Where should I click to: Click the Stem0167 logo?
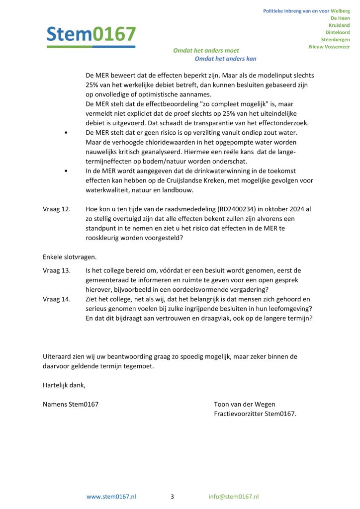[91, 35]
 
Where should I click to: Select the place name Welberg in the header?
[340, 11]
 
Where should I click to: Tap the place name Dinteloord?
[337, 32]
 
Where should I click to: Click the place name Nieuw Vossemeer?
[329, 47]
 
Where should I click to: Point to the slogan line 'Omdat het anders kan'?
[225, 59]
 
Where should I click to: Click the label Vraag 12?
[57, 209]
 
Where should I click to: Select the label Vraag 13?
[57, 270]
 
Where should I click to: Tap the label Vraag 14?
[57, 299]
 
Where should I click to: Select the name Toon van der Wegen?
[244, 404]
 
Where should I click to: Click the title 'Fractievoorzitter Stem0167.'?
[255, 414]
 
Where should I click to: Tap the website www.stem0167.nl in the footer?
[111, 497]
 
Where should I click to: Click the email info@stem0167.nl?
[234, 497]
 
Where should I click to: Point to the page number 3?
[172, 497]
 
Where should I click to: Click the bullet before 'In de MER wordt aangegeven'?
[66, 170]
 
